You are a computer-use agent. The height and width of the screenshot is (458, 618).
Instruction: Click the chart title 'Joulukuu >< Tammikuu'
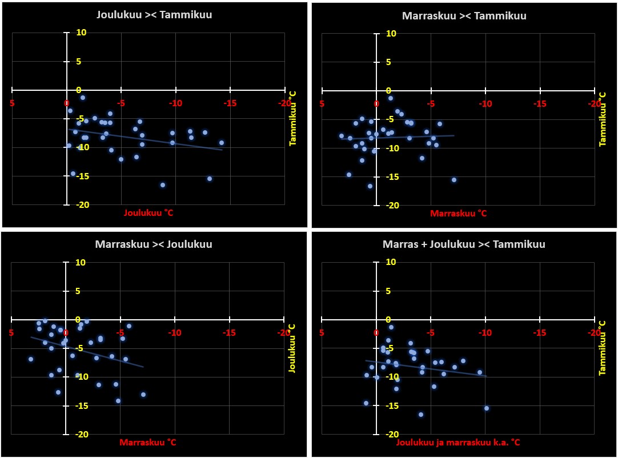pyautogui.click(x=154, y=15)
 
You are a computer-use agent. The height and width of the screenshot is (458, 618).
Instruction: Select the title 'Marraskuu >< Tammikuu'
pyautogui.click(x=464, y=16)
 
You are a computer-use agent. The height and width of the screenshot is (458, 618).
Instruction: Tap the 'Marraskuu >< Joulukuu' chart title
pyautogui.click(x=154, y=244)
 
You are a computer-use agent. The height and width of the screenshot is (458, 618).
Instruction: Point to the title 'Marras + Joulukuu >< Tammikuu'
pyautogui.click(x=464, y=244)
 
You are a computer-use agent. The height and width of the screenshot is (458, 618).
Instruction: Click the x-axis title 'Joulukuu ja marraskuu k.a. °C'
pyautogui.click(x=458, y=443)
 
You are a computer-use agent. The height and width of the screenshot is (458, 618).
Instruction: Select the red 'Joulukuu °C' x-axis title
pyautogui.click(x=149, y=213)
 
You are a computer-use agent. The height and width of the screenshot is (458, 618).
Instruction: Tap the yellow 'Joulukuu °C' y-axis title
pyautogui.click(x=292, y=348)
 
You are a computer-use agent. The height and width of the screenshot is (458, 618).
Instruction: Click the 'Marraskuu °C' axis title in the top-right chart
pyautogui.click(x=458, y=214)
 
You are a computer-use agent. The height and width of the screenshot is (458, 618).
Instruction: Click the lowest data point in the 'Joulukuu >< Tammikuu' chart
pyautogui.click(x=163, y=185)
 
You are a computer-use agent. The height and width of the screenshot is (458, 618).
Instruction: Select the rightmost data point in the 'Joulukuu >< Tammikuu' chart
pyautogui.click(x=222, y=143)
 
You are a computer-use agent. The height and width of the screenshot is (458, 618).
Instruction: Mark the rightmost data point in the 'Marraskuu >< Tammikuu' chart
pyautogui.click(x=454, y=180)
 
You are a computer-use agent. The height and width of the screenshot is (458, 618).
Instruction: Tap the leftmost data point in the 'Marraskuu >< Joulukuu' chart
pyautogui.click(x=31, y=359)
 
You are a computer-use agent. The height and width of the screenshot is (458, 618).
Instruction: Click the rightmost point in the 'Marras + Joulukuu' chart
pyautogui.click(x=487, y=408)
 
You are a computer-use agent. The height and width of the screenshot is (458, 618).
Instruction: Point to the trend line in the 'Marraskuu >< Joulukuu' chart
pyautogui.click(x=86, y=351)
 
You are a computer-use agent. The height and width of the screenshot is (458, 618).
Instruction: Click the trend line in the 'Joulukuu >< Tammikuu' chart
pyautogui.click(x=143, y=139)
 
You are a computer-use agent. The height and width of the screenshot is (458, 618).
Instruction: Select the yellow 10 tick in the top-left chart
pyautogui.click(x=81, y=33)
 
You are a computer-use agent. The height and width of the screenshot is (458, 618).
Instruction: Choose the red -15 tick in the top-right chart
pyautogui.click(x=540, y=105)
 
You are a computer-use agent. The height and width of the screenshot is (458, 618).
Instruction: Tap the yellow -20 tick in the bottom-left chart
pyautogui.click(x=81, y=434)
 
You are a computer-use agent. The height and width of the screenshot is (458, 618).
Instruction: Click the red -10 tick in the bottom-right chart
pyautogui.click(x=485, y=333)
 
